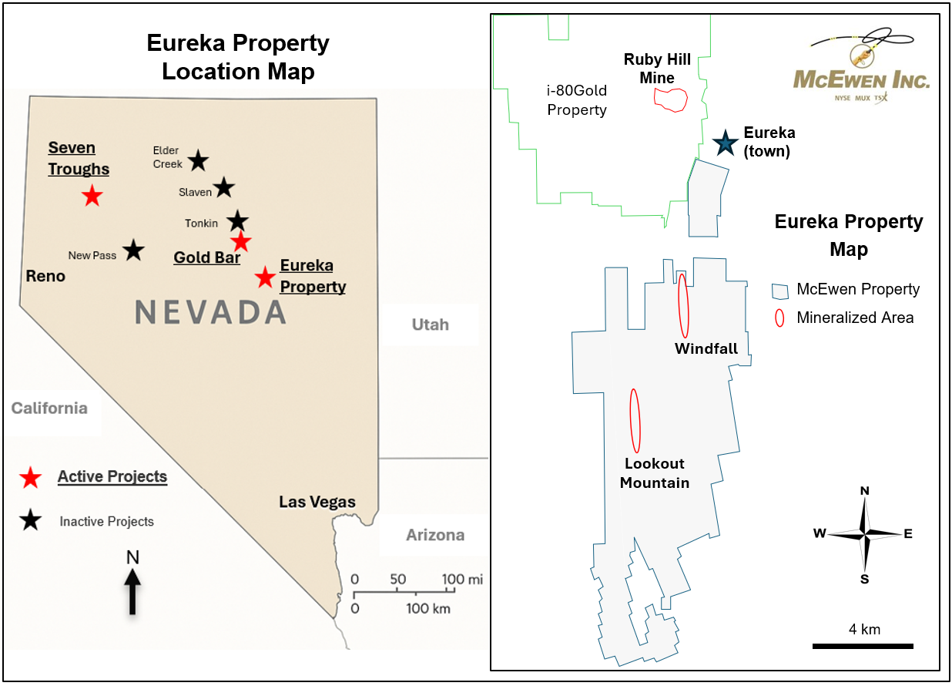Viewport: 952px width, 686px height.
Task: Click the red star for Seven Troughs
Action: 92,196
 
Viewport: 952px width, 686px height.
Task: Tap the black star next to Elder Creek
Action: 198,160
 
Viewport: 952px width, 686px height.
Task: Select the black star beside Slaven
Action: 223,187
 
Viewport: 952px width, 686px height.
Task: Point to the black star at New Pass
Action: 133,250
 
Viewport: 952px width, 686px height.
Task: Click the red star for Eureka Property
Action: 266,276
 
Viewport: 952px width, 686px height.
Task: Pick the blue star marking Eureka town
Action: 724,143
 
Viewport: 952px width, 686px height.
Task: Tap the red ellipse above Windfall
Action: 683,305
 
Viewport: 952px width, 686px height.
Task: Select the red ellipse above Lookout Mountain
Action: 635,421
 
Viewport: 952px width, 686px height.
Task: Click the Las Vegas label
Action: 317,503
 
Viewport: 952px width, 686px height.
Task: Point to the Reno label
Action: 45,276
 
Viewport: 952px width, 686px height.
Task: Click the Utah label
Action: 430,325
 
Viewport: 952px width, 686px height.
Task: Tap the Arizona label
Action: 435,535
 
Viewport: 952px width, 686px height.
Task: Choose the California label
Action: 49,409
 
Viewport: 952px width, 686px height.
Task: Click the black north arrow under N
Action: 132,591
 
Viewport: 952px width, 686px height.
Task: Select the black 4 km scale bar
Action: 863,645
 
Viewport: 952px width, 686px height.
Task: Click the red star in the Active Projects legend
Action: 31,478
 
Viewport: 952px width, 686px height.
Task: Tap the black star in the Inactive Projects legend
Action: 31,521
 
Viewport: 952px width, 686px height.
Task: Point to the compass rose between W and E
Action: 865,533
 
